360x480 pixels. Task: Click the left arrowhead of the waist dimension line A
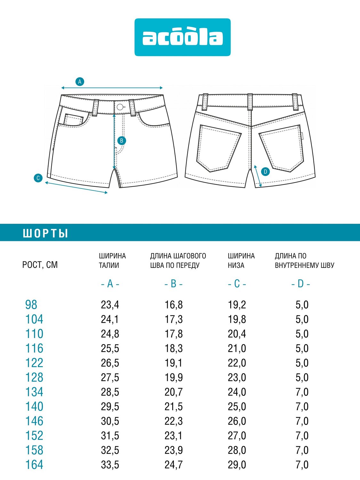[62, 88]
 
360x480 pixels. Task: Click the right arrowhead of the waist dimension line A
[162, 88]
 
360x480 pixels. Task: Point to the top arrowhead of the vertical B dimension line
[114, 116]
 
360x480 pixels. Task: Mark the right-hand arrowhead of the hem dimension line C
[107, 192]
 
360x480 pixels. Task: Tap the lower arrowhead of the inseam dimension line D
[260, 186]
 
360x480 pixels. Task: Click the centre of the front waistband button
[120, 107]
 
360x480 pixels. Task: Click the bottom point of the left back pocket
[210, 172]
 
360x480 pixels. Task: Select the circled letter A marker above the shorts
[80, 82]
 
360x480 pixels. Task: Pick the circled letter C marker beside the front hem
[38, 178]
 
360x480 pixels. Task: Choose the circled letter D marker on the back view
[265, 172]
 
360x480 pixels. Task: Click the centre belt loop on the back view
[250, 102]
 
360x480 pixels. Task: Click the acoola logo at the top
[182, 37]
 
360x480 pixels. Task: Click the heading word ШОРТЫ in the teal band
[45, 234]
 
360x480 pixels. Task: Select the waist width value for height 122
[110, 363]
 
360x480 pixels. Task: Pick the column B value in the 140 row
[173, 406]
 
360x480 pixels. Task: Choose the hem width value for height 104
[237, 319]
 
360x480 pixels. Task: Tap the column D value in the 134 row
[302, 392]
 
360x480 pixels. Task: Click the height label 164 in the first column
[34, 465]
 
